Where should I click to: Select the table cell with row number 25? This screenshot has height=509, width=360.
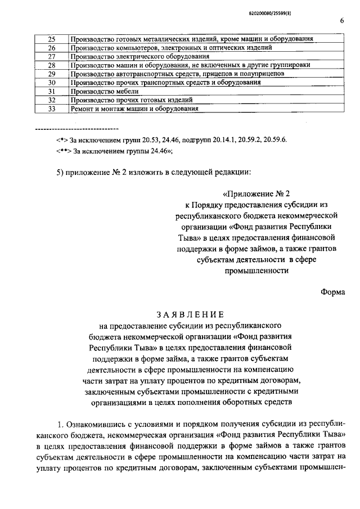(51, 39)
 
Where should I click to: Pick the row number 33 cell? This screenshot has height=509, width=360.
(51, 109)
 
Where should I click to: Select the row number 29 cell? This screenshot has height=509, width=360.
(51, 74)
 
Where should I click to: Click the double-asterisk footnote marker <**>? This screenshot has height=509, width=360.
(64, 151)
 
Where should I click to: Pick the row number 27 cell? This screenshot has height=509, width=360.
(51, 56)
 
